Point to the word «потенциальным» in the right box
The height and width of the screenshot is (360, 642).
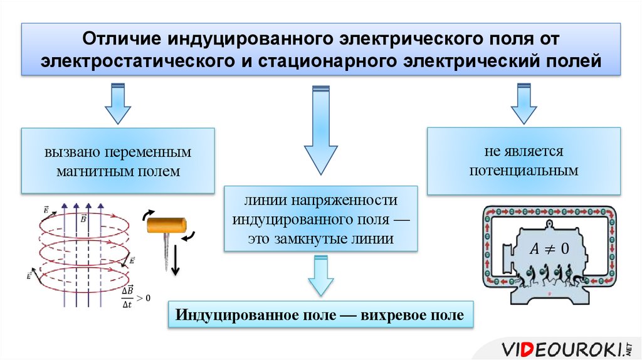tap(524, 169)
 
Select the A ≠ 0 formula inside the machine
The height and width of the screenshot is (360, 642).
tap(549, 248)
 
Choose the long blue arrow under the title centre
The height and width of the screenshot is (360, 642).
tap(320, 131)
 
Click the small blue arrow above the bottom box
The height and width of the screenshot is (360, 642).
tap(320, 278)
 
